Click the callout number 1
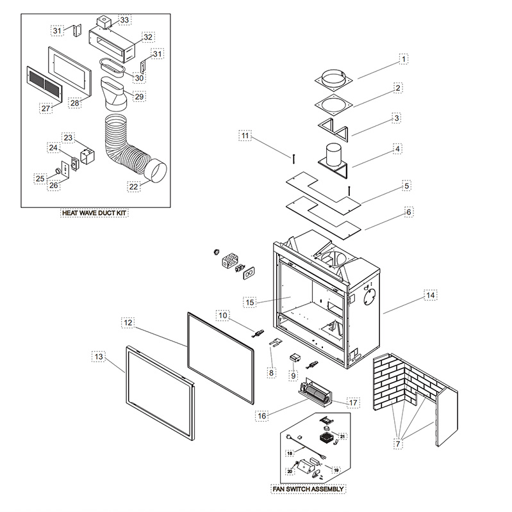404,59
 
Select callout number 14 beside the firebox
431,295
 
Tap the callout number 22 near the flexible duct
133,186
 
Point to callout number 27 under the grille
45,108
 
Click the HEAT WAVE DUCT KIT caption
94,213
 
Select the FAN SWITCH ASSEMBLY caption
308,489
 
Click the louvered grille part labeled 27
44,84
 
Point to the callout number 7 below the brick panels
398,444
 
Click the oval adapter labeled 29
114,93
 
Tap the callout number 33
124,20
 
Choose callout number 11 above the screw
245,136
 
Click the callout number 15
250,302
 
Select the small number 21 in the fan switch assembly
342,436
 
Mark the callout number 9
293,376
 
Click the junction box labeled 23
87,156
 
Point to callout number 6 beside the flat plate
409,212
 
